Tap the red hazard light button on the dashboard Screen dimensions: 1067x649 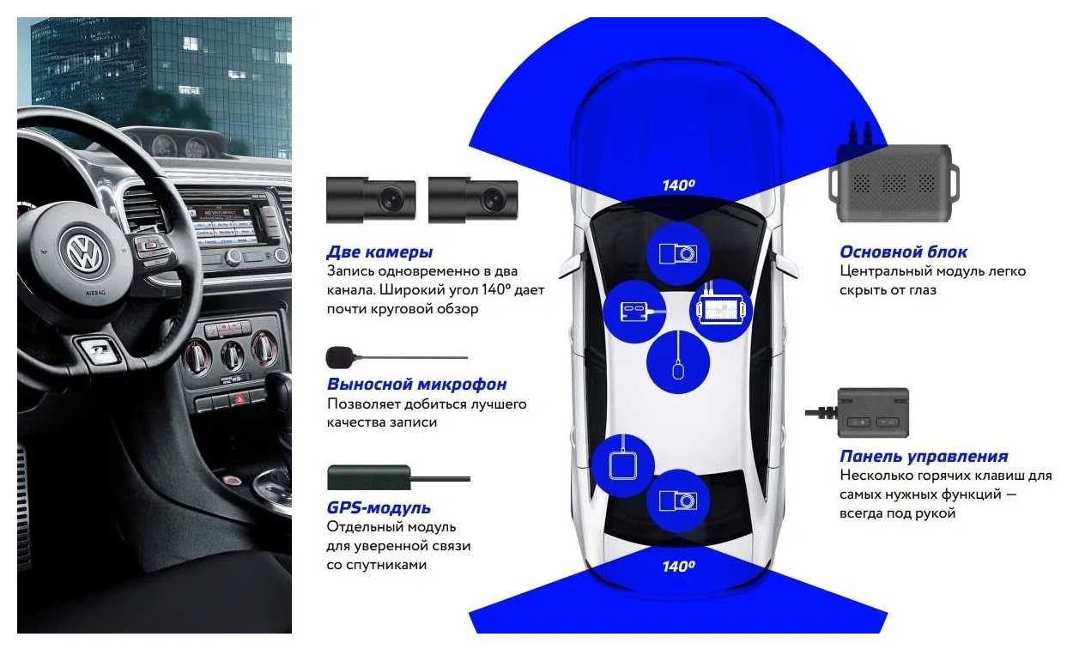click(x=240, y=399)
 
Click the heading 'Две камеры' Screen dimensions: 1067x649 click(x=379, y=252)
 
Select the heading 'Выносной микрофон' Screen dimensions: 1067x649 click(x=417, y=384)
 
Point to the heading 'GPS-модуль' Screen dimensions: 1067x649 click(x=379, y=508)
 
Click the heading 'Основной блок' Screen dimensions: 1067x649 click(x=904, y=252)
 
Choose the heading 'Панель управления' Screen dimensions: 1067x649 click(x=925, y=456)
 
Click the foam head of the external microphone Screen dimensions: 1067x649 click(x=339, y=357)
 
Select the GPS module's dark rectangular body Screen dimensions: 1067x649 click(x=369, y=477)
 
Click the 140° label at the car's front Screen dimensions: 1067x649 click(x=678, y=185)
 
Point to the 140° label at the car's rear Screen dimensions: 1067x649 click(x=678, y=567)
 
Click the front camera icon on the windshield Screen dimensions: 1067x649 click(x=678, y=254)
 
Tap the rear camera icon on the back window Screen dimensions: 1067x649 click(x=678, y=501)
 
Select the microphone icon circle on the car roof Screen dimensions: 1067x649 click(x=678, y=362)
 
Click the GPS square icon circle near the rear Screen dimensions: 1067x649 click(x=623, y=465)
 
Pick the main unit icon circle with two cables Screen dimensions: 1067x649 click(x=721, y=310)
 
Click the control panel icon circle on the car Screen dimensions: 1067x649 click(x=634, y=312)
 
